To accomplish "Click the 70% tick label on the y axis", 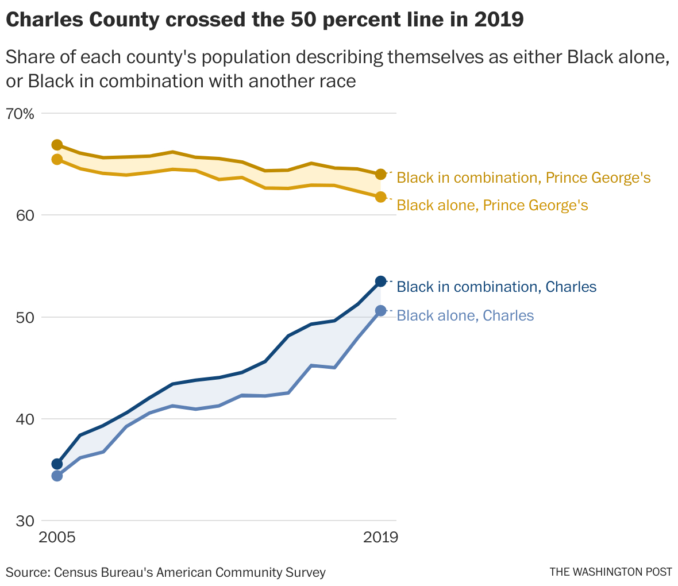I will [21, 114].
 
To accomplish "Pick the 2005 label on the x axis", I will [57, 538].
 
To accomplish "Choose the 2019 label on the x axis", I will [380, 538].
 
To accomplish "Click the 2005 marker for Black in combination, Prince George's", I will [57, 145].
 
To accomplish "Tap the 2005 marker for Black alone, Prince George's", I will [57, 159].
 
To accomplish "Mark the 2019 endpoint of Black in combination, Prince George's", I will [380, 174].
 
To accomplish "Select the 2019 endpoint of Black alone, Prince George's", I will [380, 197].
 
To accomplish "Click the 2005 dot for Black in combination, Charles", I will [57, 464].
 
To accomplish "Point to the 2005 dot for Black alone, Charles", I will [57, 476].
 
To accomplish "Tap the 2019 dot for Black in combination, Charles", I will [380, 281].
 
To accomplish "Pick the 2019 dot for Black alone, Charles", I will [380, 311].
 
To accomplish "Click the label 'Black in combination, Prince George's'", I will [523, 178].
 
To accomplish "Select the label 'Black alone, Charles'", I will [465, 315].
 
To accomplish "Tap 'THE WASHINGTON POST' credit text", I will [611, 572].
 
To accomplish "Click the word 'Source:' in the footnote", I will [26, 572].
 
